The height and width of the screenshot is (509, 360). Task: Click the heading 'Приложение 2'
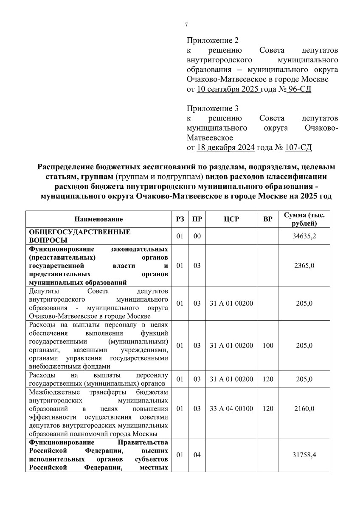click(212, 41)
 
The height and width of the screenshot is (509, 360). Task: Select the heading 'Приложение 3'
click(212, 108)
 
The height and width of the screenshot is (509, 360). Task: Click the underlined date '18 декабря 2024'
click(226, 148)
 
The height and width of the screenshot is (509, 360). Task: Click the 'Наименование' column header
click(98, 219)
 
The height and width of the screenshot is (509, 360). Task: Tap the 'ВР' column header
click(268, 219)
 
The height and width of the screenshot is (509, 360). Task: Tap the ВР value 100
click(268, 346)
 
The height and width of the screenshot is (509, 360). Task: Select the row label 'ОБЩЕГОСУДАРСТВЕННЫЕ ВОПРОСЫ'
click(80, 236)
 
